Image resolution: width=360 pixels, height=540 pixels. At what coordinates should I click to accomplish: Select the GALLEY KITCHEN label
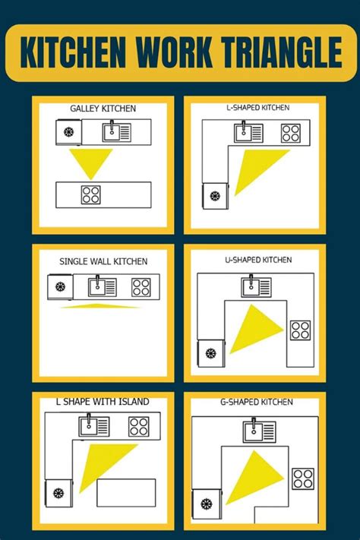pyautogui.click(x=103, y=109)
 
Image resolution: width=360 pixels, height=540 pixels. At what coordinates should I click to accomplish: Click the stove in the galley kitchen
pyautogui.click(x=92, y=195)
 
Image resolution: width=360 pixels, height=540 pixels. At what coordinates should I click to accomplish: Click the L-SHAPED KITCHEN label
pyautogui.click(x=257, y=108)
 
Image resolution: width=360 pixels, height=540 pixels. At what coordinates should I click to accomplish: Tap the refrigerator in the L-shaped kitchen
pyautogui.click(x=215, y=196)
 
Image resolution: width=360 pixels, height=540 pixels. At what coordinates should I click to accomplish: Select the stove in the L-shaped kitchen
pyautogui.click(x=290, y=133)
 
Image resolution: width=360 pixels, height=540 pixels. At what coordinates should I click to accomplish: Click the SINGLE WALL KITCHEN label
pyautogui.click(x=103, y=261)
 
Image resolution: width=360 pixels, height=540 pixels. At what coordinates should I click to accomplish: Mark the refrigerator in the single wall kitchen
pyautogui.click(x=59, y=288)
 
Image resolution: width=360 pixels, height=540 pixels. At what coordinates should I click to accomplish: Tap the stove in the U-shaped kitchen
pyautogui.click(x=300, y=330)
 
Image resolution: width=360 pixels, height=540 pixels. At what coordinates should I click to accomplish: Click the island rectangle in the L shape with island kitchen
pyautogui.click(x=126, y=492)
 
